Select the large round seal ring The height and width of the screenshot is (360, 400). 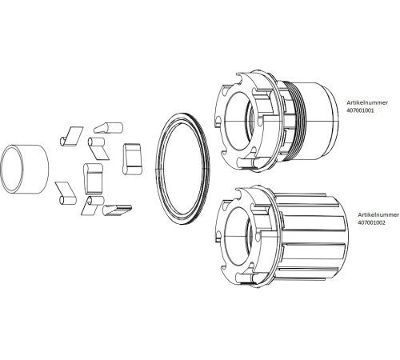182,166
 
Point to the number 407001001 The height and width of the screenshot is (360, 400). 362,111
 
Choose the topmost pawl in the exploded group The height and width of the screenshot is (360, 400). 106,126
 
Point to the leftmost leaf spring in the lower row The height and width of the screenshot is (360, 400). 64,192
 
